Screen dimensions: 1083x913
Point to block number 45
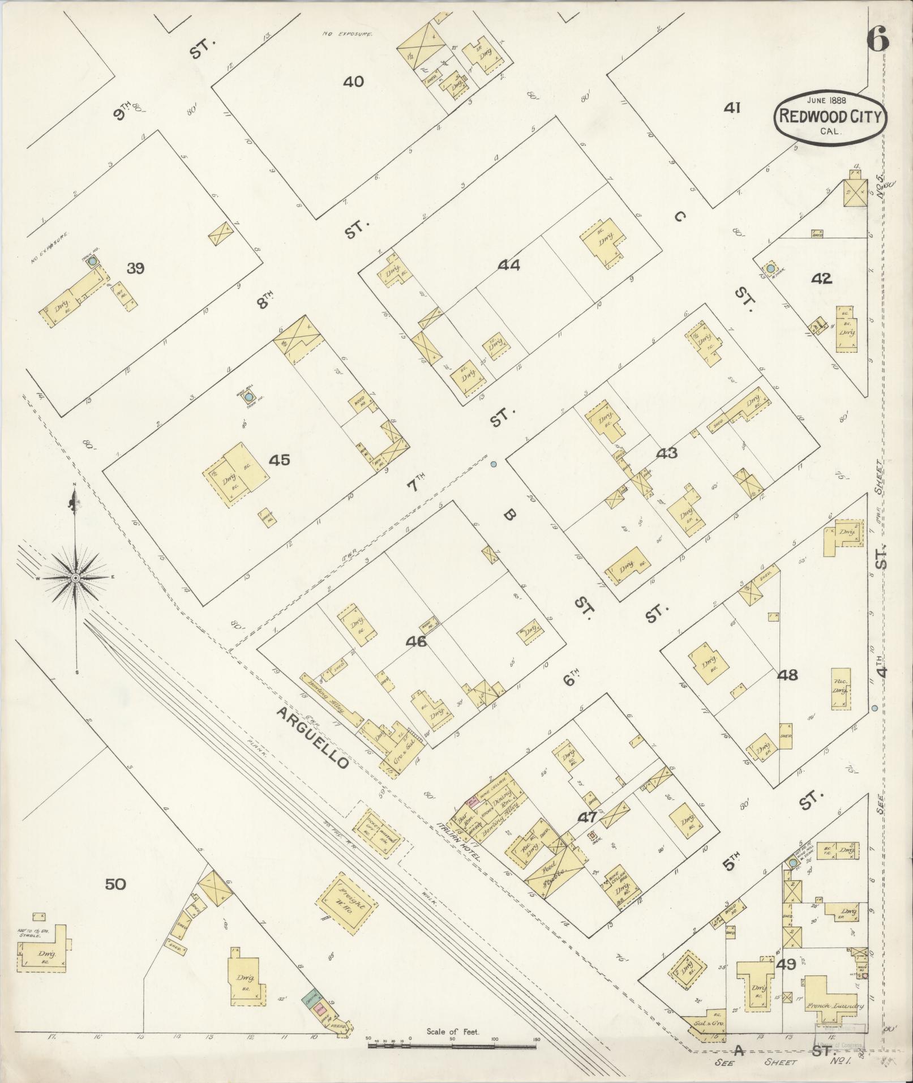[x=280, y=460]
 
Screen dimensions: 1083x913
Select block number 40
[x=353, y=82]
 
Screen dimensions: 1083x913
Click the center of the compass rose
[x=75, y=577]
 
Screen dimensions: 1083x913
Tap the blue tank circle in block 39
[x=93, y=262]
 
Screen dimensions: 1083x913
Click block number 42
[x=821, y=279]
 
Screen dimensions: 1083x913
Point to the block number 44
[x=509, y=265]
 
